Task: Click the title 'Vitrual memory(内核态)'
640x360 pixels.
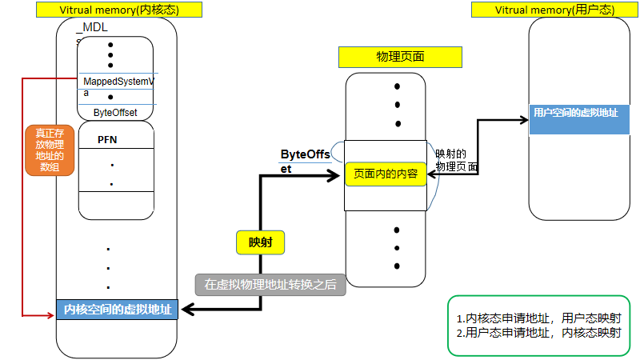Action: click(119, 10)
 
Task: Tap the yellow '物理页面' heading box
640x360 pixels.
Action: click(400, 57)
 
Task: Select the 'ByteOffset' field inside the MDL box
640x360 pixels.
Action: click(115, 112)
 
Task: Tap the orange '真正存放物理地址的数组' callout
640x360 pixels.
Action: click(49, 150)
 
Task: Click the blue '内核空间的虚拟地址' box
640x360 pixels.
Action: click(118, 310)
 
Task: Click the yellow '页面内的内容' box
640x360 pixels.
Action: click(386, 174)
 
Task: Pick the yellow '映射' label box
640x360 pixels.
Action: click(261, 242)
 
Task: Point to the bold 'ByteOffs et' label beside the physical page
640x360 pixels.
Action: click(305, 160)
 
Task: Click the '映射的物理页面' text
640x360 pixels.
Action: click(456, 160)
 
